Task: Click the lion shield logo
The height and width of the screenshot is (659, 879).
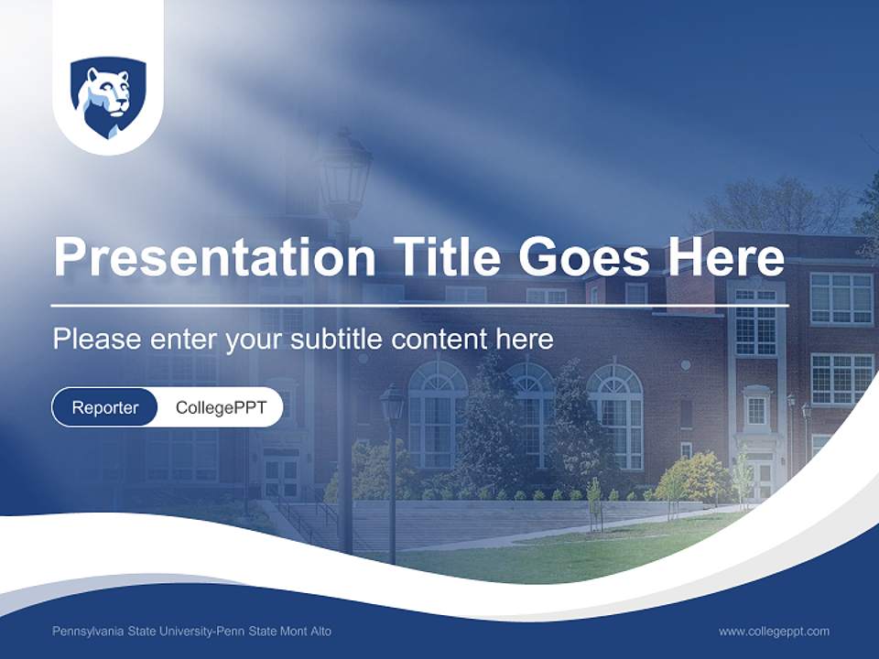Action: pos(108,97)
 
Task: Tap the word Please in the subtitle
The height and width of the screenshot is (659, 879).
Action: pos(93,340)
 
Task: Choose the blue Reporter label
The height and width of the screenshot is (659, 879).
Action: pos(105,407)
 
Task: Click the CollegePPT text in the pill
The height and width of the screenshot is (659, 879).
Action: pos(221,407)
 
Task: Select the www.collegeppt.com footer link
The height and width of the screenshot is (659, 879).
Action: pos(774,631)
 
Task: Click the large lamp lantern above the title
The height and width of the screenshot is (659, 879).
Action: pos(344,174)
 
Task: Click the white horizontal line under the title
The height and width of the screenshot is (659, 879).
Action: pos(419,305)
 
